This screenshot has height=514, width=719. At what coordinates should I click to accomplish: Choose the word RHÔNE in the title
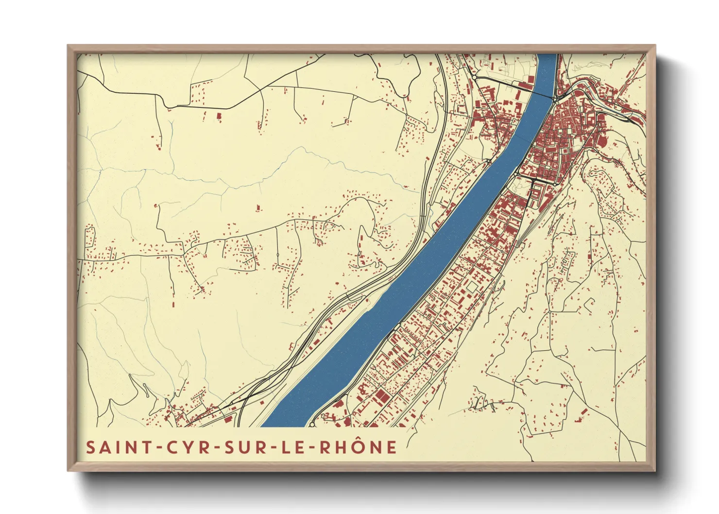(359, 447)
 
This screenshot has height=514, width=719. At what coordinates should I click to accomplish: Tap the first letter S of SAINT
(90, 447)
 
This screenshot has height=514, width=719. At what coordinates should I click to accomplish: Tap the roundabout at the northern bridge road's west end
(475, 77)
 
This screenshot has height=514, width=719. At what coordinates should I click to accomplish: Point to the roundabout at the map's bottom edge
(311, 425)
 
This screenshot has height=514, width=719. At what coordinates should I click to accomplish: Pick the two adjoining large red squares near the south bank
(381, 396)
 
